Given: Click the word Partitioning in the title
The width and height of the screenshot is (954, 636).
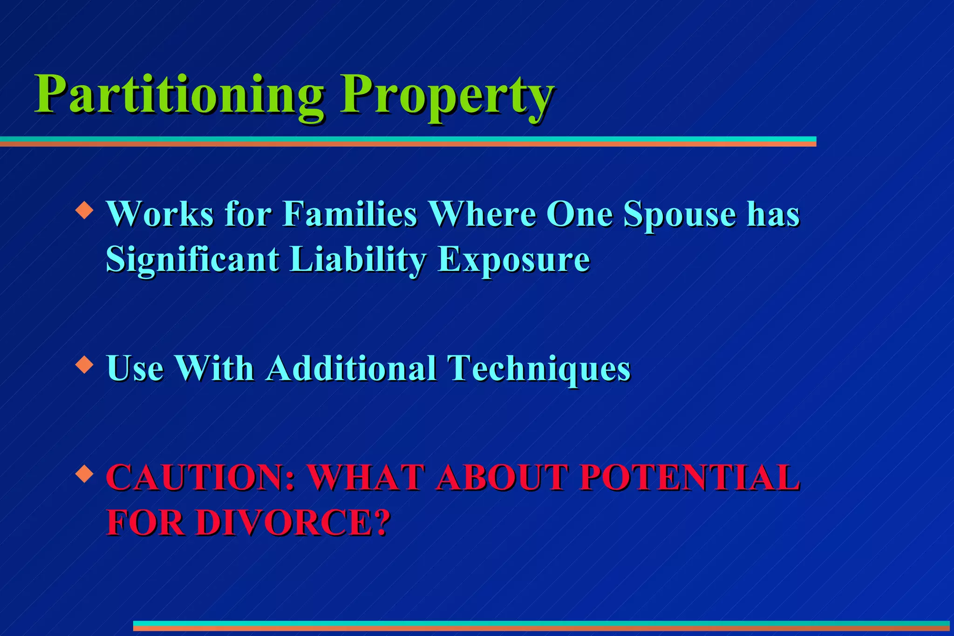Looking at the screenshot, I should click(179, 95).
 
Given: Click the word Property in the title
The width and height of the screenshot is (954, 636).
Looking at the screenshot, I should click(446, 95).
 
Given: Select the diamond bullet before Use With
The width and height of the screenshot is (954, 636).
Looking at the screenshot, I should click(84, 365).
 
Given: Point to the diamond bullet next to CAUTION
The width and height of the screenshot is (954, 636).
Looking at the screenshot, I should click(84, 474).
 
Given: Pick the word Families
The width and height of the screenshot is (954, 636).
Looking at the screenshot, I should click(349, 214).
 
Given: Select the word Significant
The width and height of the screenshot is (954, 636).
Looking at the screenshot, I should click(192, 259).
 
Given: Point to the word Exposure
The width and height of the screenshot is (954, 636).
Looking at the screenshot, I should click(514, 259).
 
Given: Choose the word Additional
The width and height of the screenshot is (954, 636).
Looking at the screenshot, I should click(351, 368).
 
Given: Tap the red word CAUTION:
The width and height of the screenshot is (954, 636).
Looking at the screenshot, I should click(201, 478).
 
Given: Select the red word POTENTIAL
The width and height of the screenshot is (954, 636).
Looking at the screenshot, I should click(689, 478).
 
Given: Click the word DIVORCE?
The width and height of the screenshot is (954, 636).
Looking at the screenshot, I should click(293, 522).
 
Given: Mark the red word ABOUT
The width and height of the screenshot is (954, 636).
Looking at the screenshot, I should click(502, 478).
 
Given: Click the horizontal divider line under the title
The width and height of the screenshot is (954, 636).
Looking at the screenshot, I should click(408, 142).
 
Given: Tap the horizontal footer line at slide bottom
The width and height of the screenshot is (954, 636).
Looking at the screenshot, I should click(540, 626).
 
